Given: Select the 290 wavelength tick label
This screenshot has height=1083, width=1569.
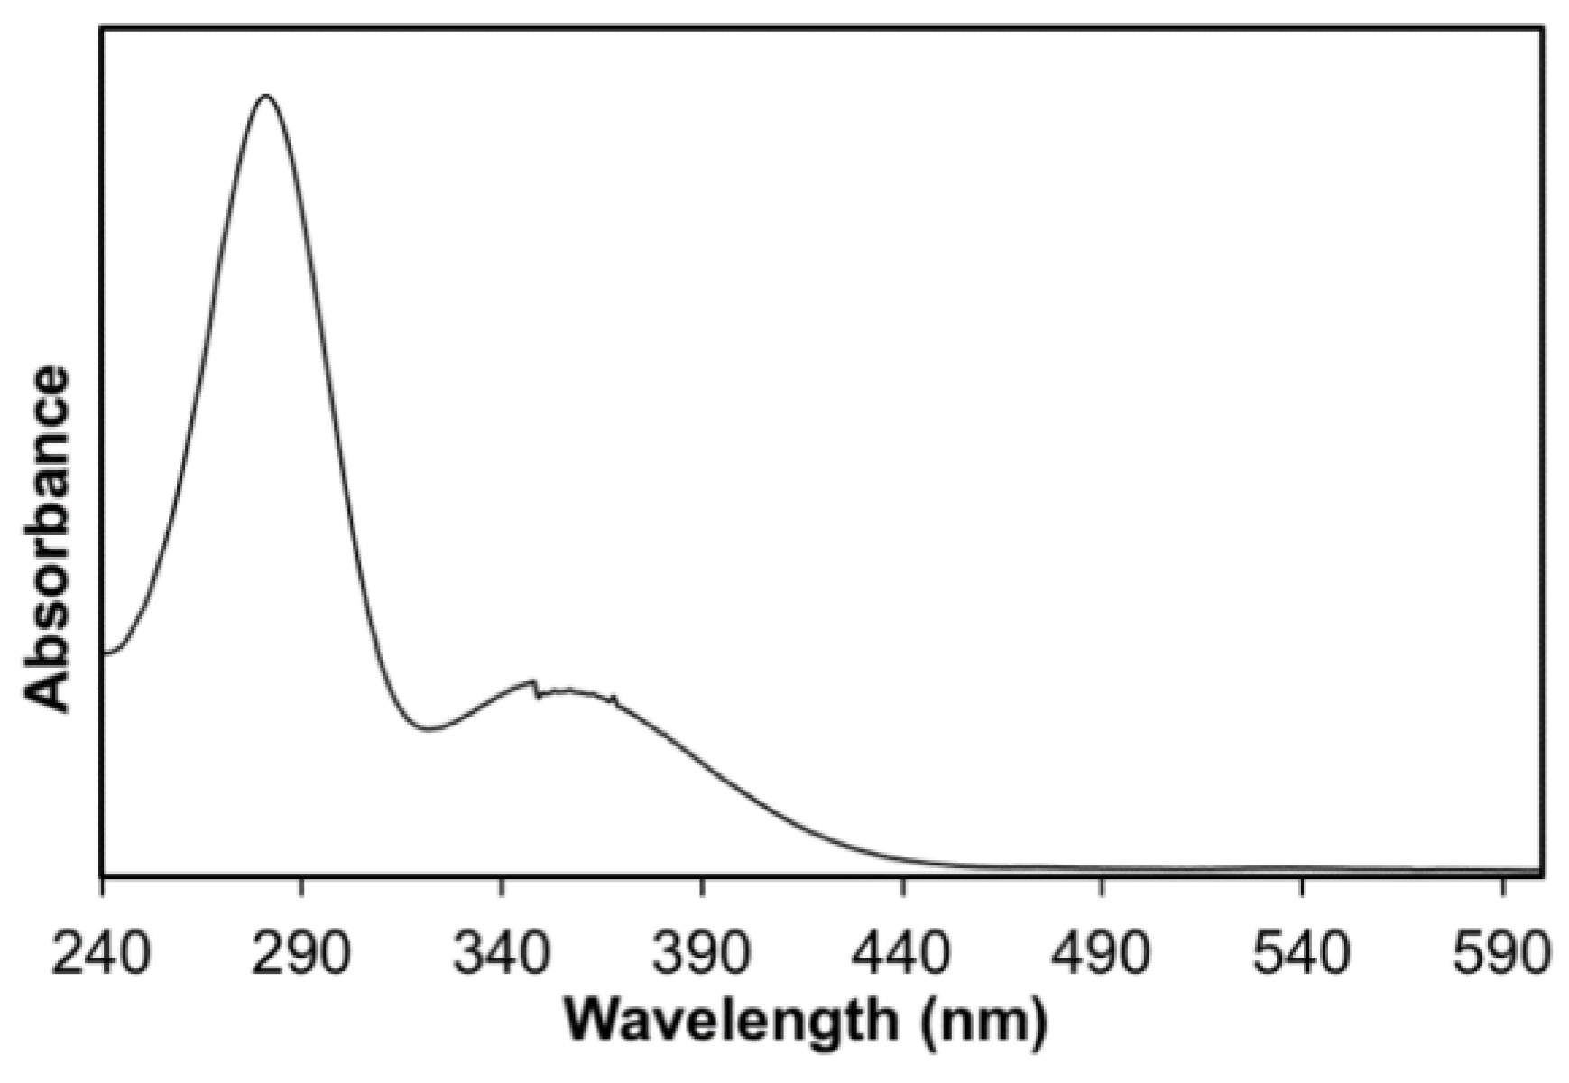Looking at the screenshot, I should click(300, 954).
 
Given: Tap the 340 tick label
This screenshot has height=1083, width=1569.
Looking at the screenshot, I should click(501, 954).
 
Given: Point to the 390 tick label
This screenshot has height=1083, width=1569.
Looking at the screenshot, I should click(701, 954).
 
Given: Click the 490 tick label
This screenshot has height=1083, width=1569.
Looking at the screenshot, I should click(1102, 954).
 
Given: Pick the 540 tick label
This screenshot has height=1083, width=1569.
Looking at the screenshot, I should click(1302, 954).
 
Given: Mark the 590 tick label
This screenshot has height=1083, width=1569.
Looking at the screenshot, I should click(1501, 954).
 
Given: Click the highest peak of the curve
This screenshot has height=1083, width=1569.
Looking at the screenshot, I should click(265, 95).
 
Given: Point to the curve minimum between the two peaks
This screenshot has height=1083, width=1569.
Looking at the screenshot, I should click(429, 729).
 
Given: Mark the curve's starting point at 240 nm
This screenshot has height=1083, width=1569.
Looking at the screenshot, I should click(104, 652).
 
